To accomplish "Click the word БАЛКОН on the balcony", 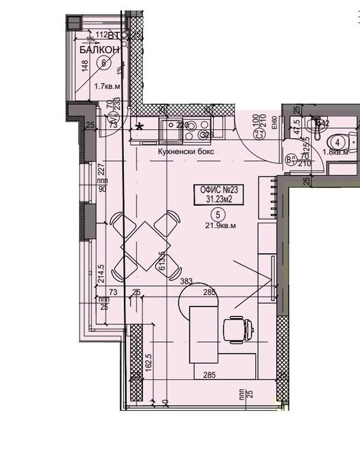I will [x=99, y=50].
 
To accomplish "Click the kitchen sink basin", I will [x=167, y=126].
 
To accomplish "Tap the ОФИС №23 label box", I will [x=218, y=193].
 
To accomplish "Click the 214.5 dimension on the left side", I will [x=100, y=272].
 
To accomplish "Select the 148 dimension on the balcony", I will [x=84, y=67].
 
